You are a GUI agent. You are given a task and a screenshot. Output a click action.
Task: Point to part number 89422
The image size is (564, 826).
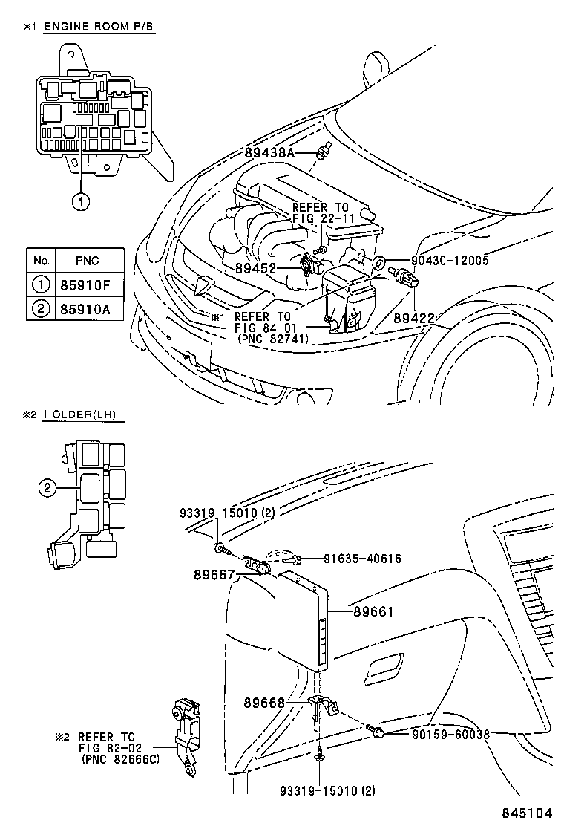pos(413,318)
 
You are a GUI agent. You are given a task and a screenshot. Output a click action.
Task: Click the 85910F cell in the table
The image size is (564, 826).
pos(88,284)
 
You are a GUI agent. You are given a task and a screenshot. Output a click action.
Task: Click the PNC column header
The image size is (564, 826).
pos(88,261)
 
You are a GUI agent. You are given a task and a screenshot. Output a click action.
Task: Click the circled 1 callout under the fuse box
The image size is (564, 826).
pos(81,200)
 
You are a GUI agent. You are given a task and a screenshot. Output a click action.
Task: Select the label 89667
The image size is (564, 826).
pos(213,573)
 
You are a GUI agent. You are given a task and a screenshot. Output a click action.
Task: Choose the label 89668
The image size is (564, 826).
pos(263,701)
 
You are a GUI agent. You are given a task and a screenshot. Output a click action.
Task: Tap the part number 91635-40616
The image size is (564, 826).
pos(361,558)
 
